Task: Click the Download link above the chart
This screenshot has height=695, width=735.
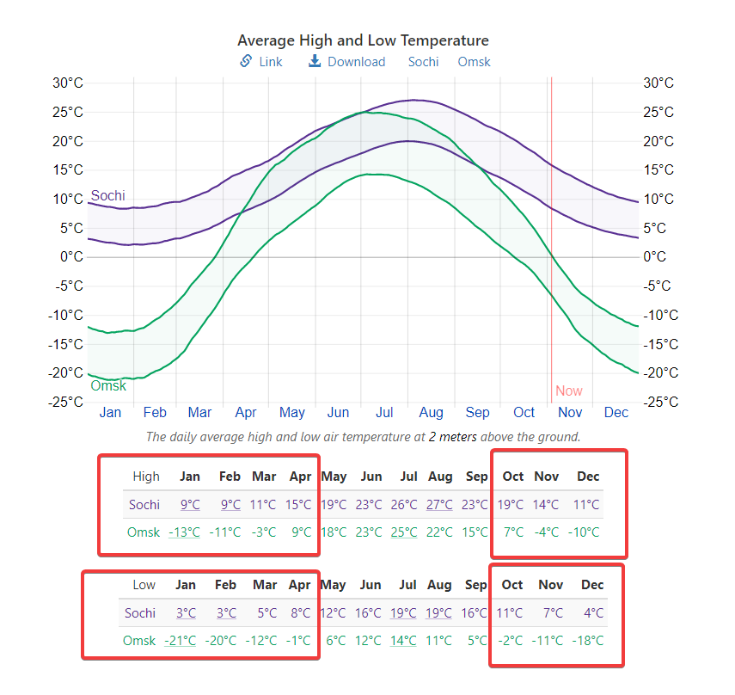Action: pos(347,62)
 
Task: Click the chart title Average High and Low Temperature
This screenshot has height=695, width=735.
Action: pos(363,40)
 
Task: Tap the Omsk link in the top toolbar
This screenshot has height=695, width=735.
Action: pos(474,62)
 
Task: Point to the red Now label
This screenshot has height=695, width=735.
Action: pos(568,391)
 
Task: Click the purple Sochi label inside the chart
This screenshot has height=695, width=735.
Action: pos(107,195)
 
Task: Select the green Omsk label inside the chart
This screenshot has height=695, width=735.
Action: pos(108,385)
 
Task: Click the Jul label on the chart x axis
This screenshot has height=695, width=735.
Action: pos(384,412)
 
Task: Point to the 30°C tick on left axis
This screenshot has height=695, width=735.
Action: pos(68,83)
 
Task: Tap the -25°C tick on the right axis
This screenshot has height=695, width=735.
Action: pos(660,402)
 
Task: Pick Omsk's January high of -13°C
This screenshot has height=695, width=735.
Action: pos(183,532)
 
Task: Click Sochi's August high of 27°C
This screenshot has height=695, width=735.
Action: pos(439,504)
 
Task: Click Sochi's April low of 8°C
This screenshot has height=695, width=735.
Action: pos(300,612)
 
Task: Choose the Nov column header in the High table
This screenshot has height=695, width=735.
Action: pos(546,477)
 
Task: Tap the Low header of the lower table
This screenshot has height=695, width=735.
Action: pos(144,585)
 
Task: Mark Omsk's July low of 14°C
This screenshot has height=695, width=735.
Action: pos(402,640)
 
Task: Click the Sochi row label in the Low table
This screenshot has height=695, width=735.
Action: pos(139,612)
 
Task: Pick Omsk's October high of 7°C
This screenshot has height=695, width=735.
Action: pos(513,532)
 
